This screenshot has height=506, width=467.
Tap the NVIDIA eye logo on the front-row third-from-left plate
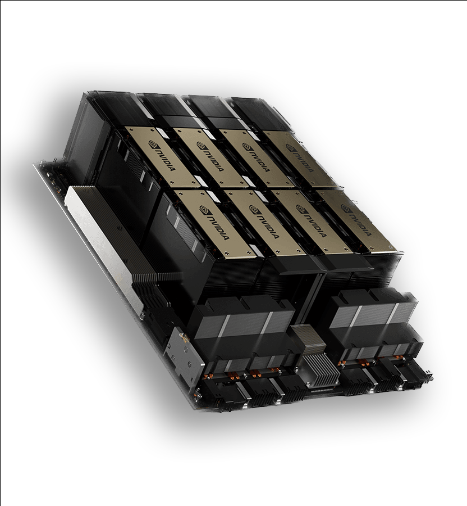(300, 209)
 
